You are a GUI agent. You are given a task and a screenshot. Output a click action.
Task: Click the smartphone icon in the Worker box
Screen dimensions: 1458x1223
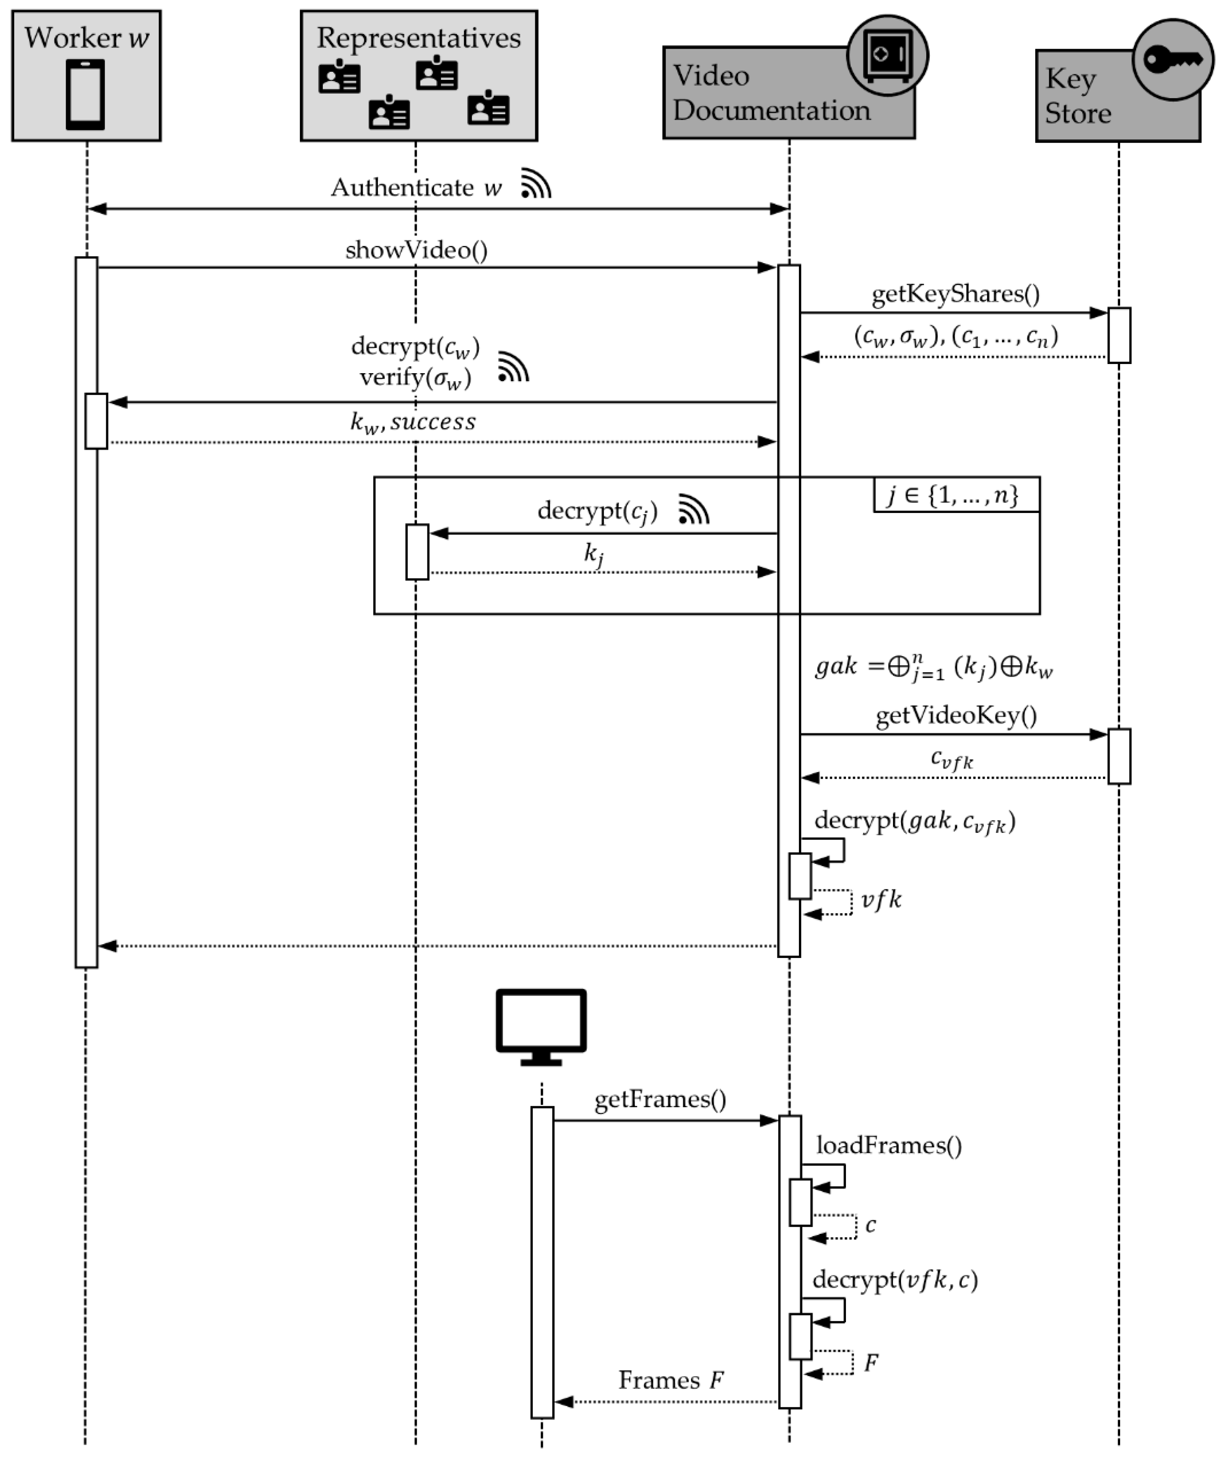[85, 94]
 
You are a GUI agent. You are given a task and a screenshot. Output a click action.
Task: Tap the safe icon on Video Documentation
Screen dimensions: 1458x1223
[887, 55]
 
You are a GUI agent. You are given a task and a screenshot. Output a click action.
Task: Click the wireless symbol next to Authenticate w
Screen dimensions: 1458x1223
[536, 184]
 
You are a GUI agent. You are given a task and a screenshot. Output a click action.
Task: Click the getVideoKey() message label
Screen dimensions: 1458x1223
[956, 715]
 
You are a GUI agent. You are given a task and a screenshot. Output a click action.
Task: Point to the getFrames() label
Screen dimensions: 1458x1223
[660, 1099]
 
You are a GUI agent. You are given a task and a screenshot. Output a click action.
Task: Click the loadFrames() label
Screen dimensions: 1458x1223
[888, 1145]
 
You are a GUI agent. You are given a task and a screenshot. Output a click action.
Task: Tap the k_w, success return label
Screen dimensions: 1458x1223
[413, 422]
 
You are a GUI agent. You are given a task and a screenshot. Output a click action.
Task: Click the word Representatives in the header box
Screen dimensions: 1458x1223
[418, 38]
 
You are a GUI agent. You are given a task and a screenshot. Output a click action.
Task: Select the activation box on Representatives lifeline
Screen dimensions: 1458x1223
[417, 552]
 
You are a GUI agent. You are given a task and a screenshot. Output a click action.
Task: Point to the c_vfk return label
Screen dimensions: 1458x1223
[951, 759]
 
